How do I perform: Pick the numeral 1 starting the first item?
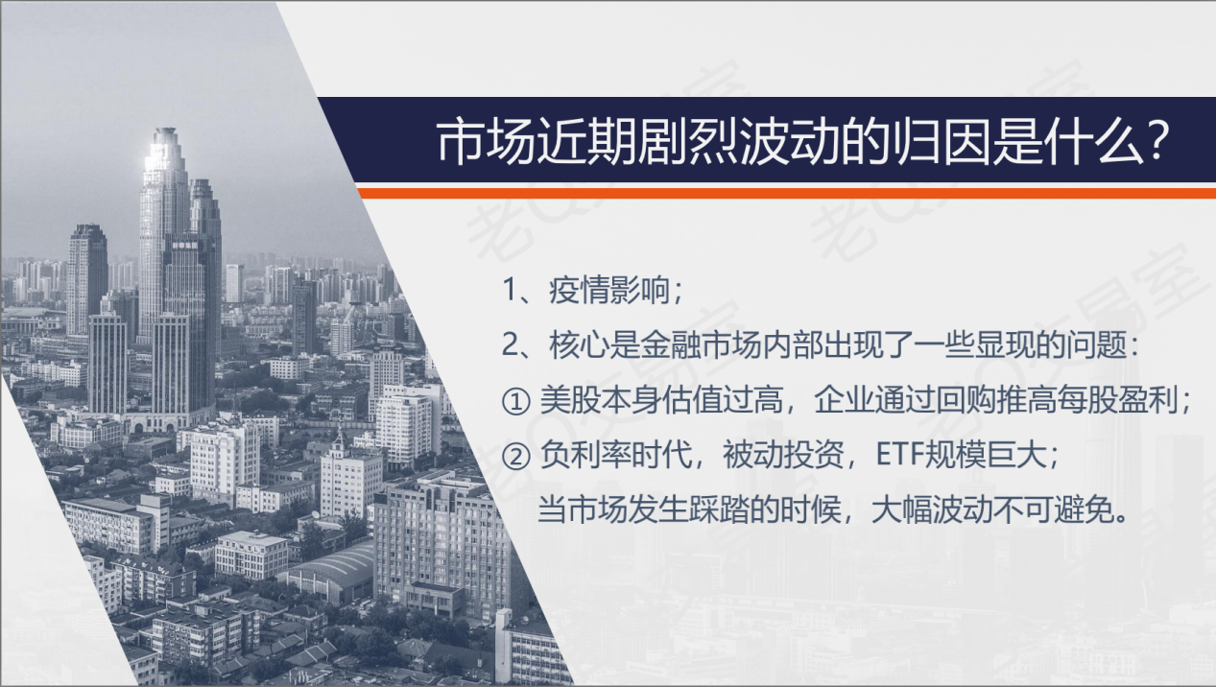510,290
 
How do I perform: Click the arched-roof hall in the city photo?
329,573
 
